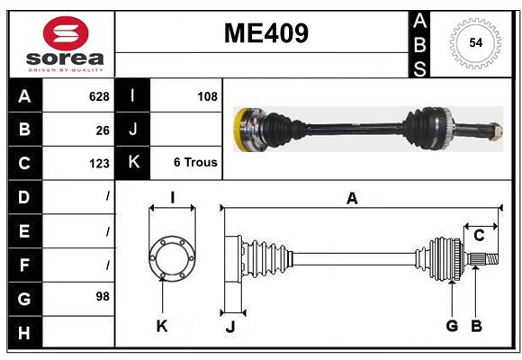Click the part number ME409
click(265, 33)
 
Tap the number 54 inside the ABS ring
click(475, 43)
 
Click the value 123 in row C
click(98, 164)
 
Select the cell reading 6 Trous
click(195, 163)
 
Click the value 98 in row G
click(102, 296)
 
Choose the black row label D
click(24, 196)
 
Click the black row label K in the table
click(132, 163)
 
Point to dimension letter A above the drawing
click(352, 199)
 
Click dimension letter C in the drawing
click(479, 236)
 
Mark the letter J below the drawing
click(229, 326)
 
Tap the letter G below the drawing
click(452, 326)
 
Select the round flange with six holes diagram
click(171, 258)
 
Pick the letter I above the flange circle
click(171, 199)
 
